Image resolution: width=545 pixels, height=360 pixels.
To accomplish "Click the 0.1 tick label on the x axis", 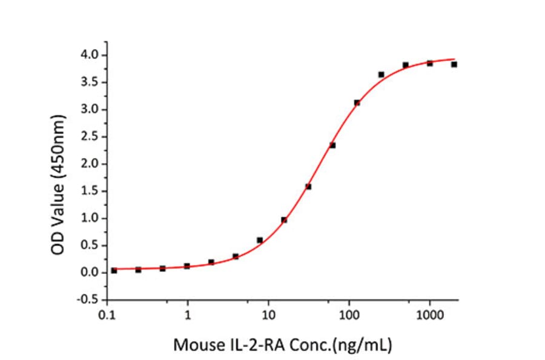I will pos(107,315).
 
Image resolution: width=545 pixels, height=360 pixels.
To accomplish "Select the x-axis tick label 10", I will pos(268,315).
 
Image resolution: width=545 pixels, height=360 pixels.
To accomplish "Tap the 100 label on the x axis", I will pos(349,315).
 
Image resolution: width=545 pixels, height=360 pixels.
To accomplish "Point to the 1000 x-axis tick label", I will pos(429,315).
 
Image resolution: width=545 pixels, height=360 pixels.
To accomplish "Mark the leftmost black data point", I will pos(114,270).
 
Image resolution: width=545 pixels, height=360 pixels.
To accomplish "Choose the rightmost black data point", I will pos(454,64).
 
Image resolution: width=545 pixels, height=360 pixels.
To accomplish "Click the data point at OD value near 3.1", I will pos(357,102).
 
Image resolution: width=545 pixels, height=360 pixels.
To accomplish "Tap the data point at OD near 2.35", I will pos(332,145).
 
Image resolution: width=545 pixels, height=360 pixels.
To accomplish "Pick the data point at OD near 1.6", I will pos(308,187).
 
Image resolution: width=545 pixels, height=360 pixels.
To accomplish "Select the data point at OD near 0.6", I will pos(260,240).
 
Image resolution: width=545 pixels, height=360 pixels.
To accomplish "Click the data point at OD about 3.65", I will pos(381,75).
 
